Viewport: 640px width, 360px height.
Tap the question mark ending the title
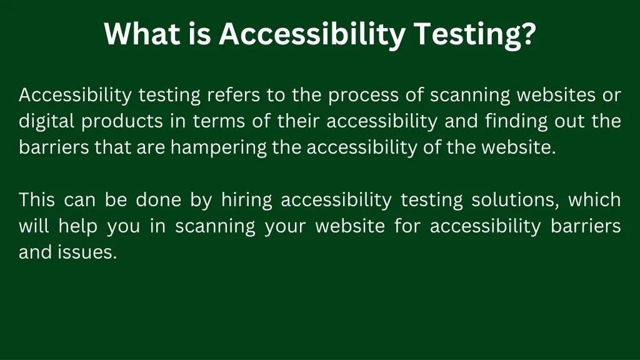529,34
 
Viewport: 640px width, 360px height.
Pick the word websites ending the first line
556,96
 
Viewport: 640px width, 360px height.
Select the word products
122,122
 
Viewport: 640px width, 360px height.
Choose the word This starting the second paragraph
37,200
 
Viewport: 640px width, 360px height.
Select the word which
594,200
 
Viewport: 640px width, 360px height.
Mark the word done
158,200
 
